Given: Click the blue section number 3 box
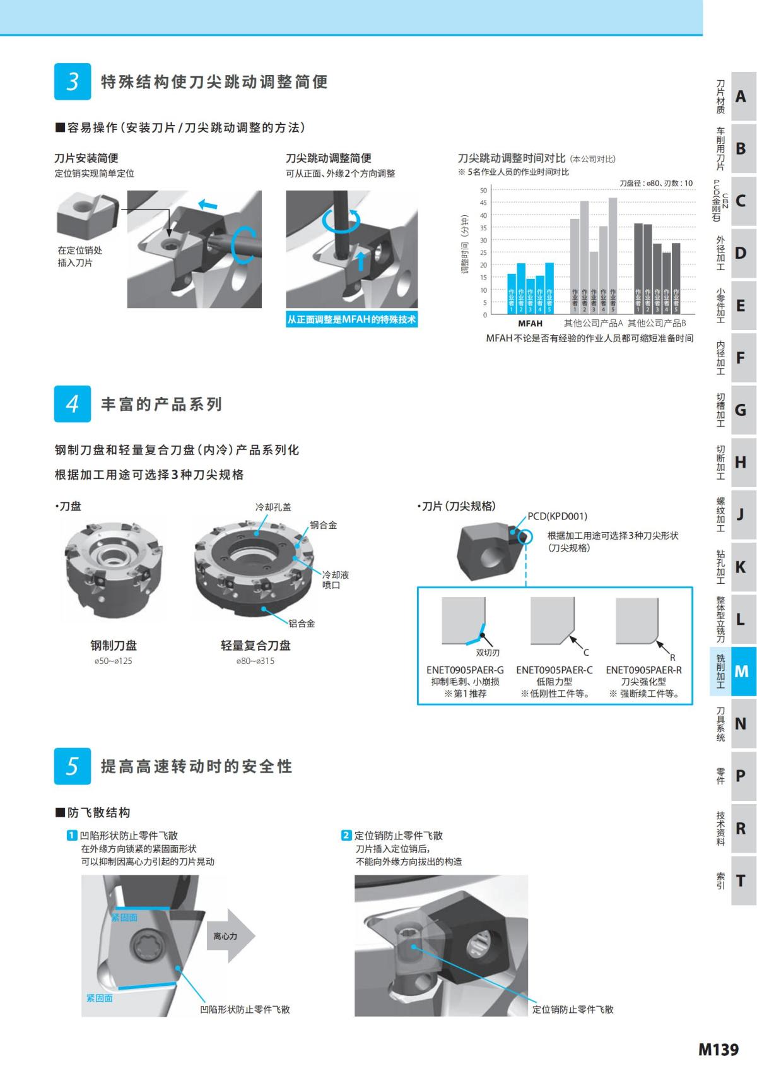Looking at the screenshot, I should click(73, 81).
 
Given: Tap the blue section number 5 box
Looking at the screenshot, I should click(73, 766).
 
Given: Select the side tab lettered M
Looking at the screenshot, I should click(741, 672).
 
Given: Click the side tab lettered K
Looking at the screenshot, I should click(741, 567).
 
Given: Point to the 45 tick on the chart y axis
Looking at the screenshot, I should click(483, 203).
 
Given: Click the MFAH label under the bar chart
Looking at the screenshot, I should click(530, 323).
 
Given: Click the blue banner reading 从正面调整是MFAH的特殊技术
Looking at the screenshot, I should click(352, 320).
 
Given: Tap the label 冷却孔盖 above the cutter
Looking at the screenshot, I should click(273, 507).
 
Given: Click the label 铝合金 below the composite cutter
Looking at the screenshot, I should click(302, 623).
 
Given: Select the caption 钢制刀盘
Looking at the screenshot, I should click(114, 645).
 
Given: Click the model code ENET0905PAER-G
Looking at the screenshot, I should click(465, 670).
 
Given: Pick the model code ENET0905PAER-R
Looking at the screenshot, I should click(643, 670).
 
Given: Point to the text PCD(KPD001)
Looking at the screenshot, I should click(557, 516).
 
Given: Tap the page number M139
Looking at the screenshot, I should click(718, 1049).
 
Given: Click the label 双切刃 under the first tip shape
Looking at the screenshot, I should click(487, 653).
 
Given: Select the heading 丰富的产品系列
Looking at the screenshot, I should click(161, 404).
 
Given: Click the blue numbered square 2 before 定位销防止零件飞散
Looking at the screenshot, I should click(346, 835).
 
